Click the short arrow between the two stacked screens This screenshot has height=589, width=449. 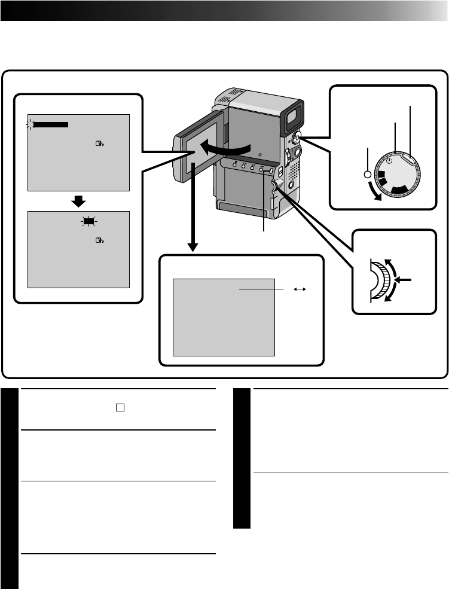(x=80, y=200)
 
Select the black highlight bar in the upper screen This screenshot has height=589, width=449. (x=51, y=124)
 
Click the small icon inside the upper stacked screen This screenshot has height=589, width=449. (x=99, y=145)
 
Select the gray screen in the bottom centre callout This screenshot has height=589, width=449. (x=224, y=316)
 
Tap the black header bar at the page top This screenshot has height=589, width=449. (x=224, y=11)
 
